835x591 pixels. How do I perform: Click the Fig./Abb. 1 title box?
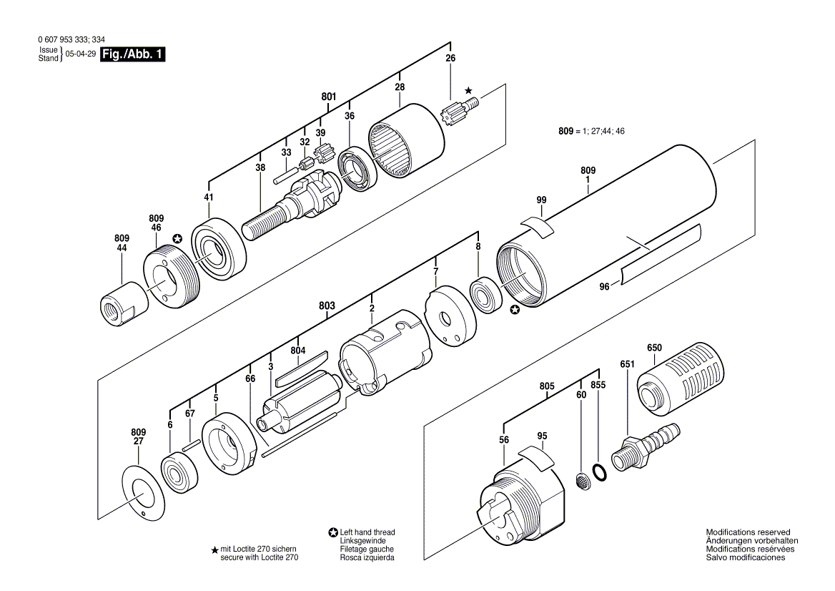coord(132,54)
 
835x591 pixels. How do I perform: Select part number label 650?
coord(654,348)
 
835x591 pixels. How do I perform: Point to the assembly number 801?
coord(328,96)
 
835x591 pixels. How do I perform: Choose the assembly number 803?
coord(327,306)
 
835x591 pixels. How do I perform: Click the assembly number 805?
coord(547,386)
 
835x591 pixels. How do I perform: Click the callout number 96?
coord(604,287)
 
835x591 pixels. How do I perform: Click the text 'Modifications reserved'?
coord(748,532)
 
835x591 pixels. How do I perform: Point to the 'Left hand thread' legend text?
coord(367,532)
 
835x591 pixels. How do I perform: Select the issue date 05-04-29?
coord(80,54)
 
